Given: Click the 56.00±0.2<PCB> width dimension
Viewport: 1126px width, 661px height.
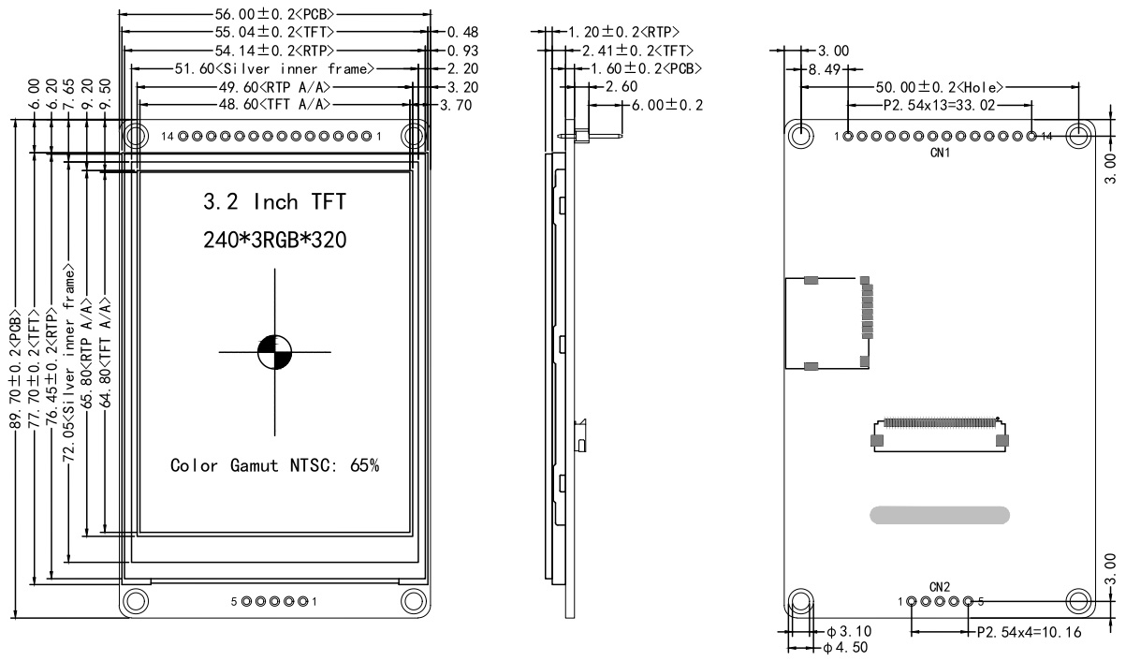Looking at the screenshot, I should pos(275,15).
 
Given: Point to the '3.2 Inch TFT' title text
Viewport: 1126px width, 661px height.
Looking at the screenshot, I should pos(273,202).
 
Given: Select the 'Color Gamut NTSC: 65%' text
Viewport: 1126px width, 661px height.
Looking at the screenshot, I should pos(274,465).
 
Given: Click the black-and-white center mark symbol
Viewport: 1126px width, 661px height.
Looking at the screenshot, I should pos(274,352).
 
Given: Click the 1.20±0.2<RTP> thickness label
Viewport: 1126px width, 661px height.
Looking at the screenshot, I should pos(623,32).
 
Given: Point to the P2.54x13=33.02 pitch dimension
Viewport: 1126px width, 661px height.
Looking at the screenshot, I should pos(941,104).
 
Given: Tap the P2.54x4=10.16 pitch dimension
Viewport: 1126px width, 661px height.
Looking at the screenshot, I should pos(1027,632).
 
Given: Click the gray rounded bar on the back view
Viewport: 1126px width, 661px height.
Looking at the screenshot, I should pos(940,514).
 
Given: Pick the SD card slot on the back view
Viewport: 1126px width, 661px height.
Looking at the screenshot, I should pos(827,323).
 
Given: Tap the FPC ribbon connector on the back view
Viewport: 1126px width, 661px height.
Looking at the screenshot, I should pos(939,432).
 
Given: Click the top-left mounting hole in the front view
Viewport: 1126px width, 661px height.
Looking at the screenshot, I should pos(136,136).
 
